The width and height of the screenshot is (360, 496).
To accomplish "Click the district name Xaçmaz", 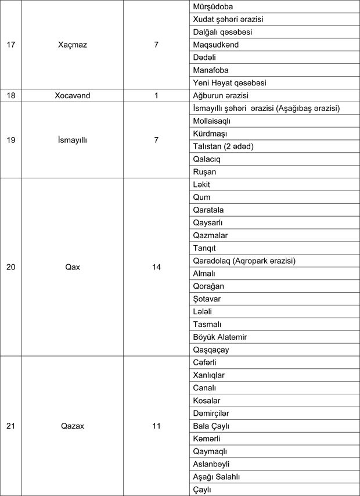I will tap(73, 44).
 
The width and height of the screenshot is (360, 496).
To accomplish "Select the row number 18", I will tap(10, 95).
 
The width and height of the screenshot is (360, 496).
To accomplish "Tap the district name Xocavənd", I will tap(73, 95).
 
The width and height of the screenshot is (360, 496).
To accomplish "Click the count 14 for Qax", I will tap(156, 267).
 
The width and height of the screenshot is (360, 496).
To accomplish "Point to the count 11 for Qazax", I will tap(156, 426).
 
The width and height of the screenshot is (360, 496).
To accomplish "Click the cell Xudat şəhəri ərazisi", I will tap(228, 19).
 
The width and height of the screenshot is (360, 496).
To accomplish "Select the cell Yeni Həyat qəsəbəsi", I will tap(229, 82).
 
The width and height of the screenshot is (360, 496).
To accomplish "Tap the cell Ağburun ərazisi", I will tap(221, 95).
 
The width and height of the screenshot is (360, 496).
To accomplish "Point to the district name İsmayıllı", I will tap(73, 140).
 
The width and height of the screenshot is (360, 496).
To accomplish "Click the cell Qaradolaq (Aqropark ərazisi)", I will tap(244, 261).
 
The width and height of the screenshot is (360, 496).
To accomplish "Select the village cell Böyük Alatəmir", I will tap(219, 337).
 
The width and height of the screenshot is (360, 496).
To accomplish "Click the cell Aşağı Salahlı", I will tap(216, 477).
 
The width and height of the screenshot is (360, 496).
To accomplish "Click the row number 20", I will tap(10, 267).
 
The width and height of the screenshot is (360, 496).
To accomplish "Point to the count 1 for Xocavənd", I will tap(156, 95).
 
